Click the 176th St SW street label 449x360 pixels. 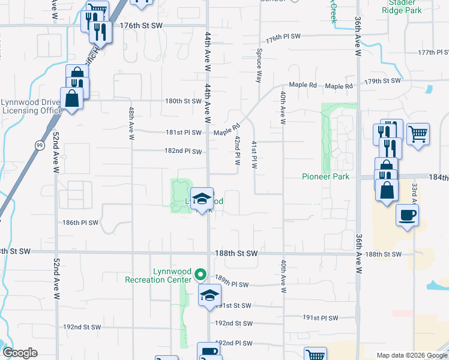click(142, 26)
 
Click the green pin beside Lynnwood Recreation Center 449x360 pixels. click(201, 275)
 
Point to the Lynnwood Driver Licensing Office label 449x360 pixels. click(31, 106)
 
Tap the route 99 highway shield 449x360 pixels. click(39, 145)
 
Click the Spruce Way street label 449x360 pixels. click(259, 66)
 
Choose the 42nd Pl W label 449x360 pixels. click(238, 151)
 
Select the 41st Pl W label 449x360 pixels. click(255, 155)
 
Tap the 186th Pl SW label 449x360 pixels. click(80, 223)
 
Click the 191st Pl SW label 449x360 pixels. click(320, 318)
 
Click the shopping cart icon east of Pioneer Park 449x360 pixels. click(418, 134)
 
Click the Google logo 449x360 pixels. click(20, 353)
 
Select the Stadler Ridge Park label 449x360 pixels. click(402, 7)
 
